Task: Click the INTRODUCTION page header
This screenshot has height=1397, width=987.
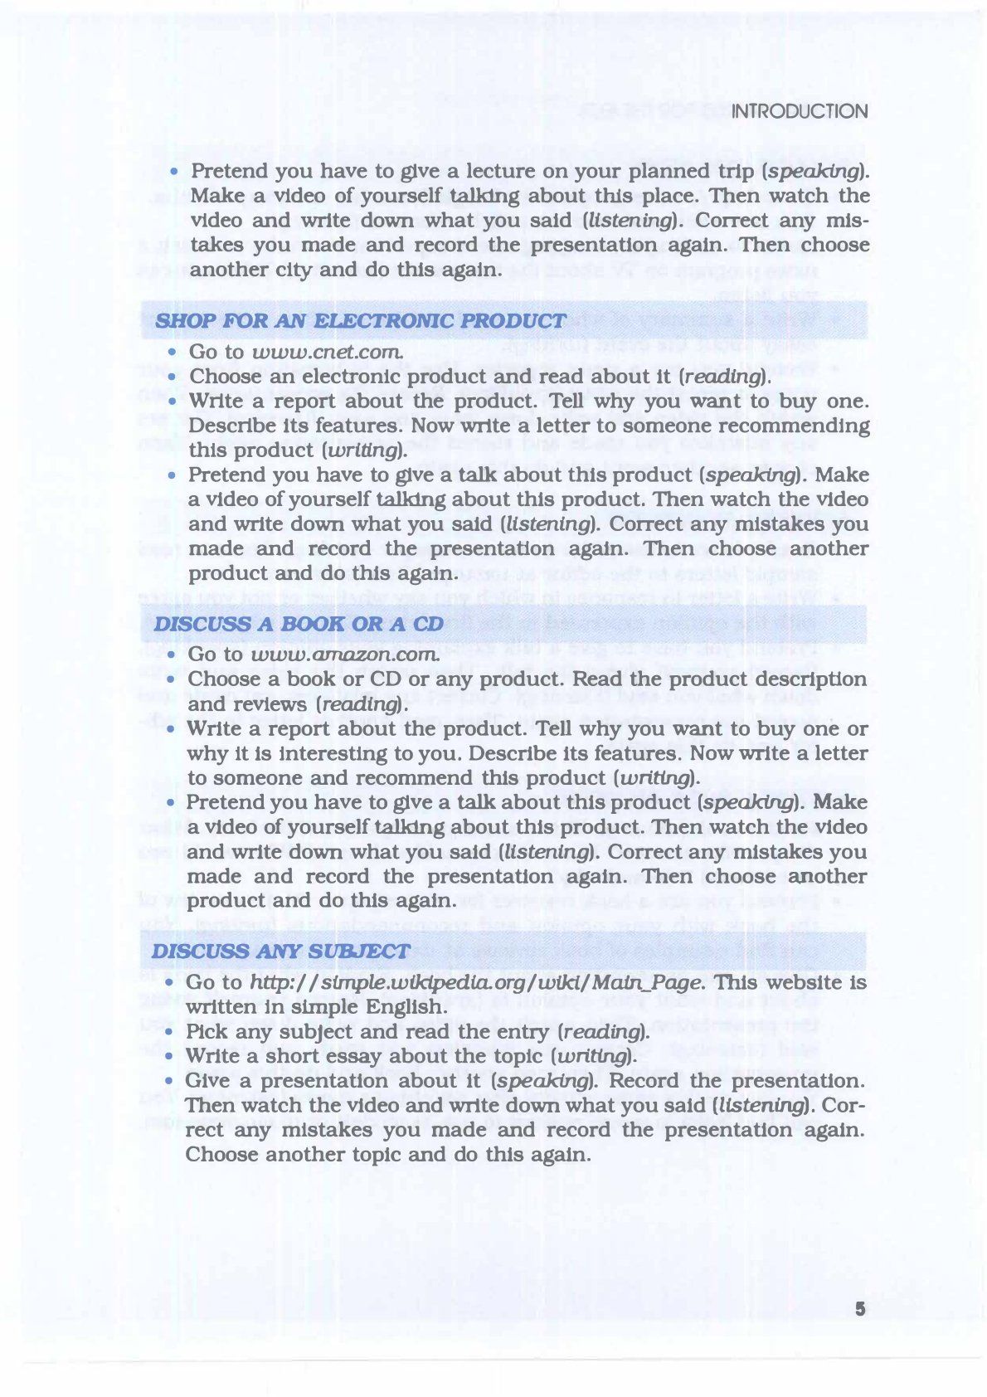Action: [x=800, y=111]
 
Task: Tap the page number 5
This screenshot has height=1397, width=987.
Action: [x=860, y=1309]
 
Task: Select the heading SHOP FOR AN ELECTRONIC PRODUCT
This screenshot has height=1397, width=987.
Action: [x=361, y=321]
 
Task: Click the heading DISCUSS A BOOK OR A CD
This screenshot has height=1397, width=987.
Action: [x=299, y=624]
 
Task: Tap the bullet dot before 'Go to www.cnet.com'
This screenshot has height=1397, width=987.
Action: [x=172, y=353]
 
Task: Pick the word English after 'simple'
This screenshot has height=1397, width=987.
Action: [x=401, y=1007]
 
